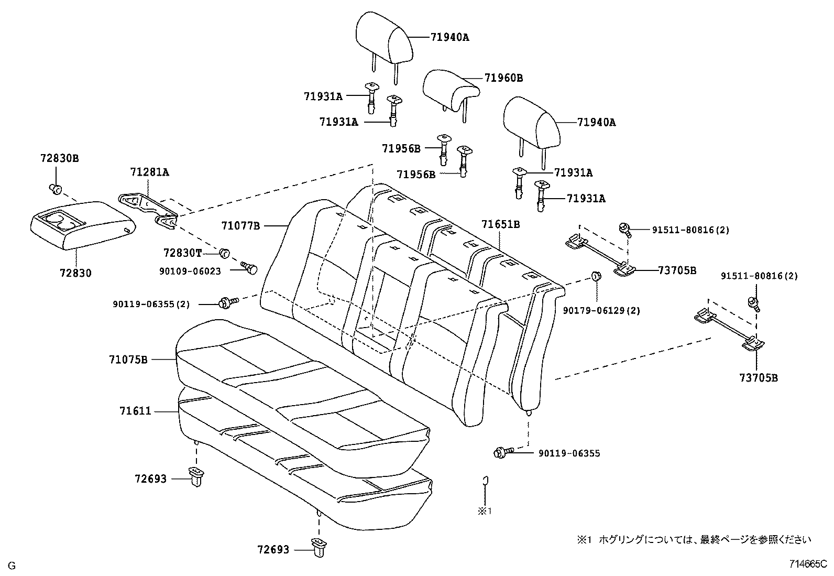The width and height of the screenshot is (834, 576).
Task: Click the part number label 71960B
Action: pyautogui.click(x=503, y=78)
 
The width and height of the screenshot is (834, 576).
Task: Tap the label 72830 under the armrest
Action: pyautogui.click(x=75, y=273)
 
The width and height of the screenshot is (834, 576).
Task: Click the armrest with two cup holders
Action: pyautogui.click(x=81, y=224)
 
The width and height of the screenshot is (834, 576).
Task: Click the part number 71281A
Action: pyautogui.click(x=149, y=172)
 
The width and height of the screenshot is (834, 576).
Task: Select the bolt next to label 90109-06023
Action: pyautogui.click(x=250, y=269)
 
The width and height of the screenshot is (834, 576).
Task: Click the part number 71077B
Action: pyautogui.click(x=240, y=226)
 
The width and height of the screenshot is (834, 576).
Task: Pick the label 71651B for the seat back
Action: pyautogui.click(x=500, y=224)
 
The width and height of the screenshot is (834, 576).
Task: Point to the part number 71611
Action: pyautogui.click(x=135, y=411)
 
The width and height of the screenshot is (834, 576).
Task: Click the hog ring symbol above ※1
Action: pyautogui.click(x=485, y=481)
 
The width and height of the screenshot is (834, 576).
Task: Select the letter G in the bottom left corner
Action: pyautogui.click(x=12, y=566)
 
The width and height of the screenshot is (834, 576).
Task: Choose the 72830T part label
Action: pyautogui.click(x=182, y=253)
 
